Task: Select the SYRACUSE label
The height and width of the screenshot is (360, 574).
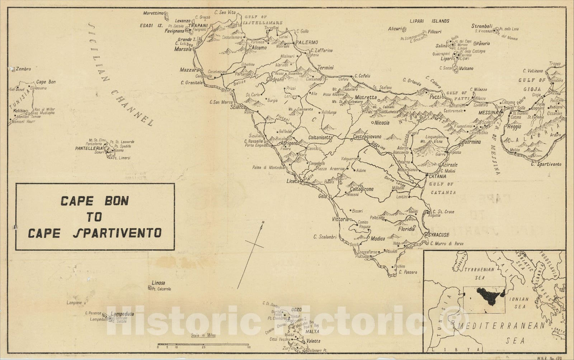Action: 438,235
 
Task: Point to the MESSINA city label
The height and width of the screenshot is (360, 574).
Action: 489,113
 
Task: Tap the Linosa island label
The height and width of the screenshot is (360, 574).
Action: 158,283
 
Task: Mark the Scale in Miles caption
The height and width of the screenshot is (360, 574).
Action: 203,335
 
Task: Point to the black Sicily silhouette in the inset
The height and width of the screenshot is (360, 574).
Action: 488,296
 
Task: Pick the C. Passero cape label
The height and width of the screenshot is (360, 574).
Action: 408,272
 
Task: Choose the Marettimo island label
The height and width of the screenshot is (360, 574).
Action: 153,13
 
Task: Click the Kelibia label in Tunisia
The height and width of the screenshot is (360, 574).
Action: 17,111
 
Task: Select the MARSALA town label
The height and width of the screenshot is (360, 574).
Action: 183,49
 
